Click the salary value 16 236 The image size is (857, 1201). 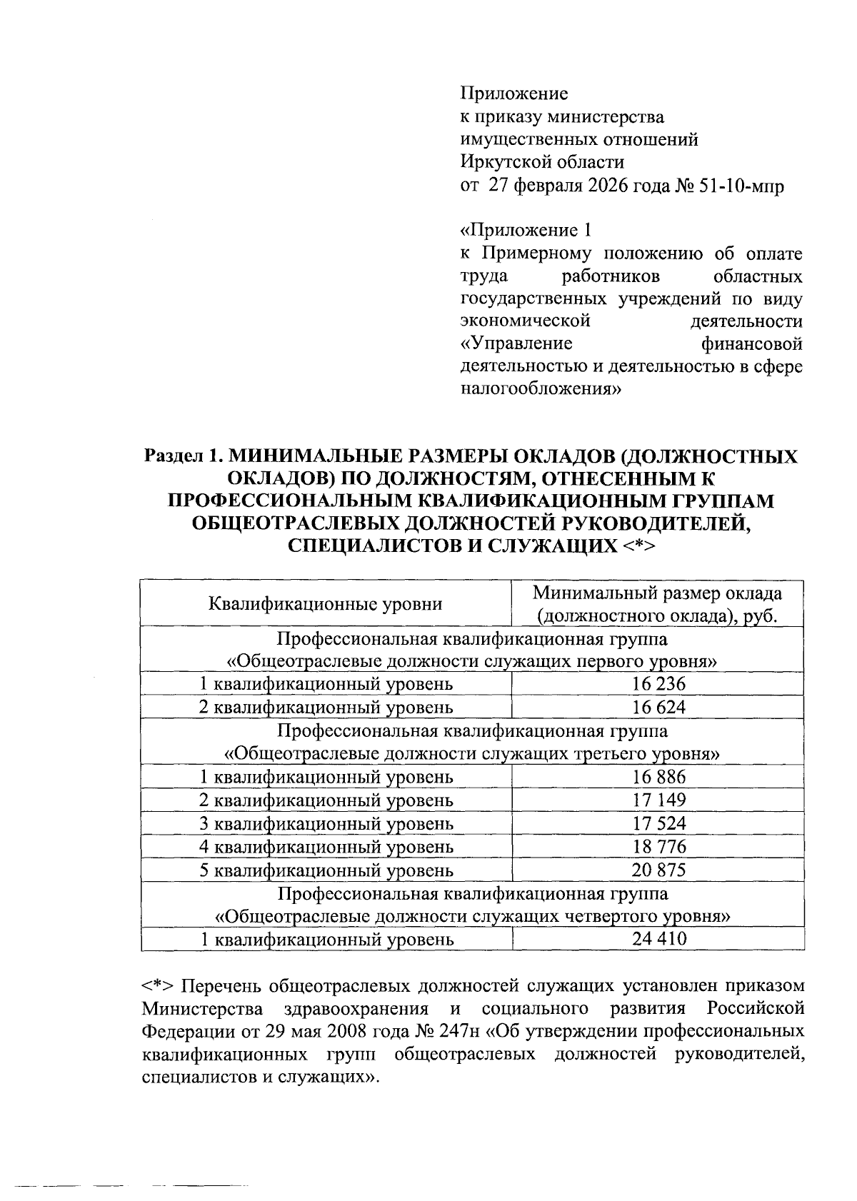coord(658,684)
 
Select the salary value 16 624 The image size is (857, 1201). coord(658,708)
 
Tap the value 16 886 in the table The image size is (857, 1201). coord(658,777)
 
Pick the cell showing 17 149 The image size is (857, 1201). coord(658,800)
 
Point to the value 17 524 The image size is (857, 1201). coord(658,824)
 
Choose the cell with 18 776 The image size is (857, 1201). coord(658,847)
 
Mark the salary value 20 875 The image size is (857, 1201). coord(658,870)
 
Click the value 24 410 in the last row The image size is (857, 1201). coord(658,939)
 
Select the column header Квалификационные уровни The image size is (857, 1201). coord(325,604)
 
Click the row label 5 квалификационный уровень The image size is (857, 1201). coord(326,870)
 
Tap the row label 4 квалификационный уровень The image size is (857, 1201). coord(326,847)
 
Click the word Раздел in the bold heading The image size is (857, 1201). coord(173,455)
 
